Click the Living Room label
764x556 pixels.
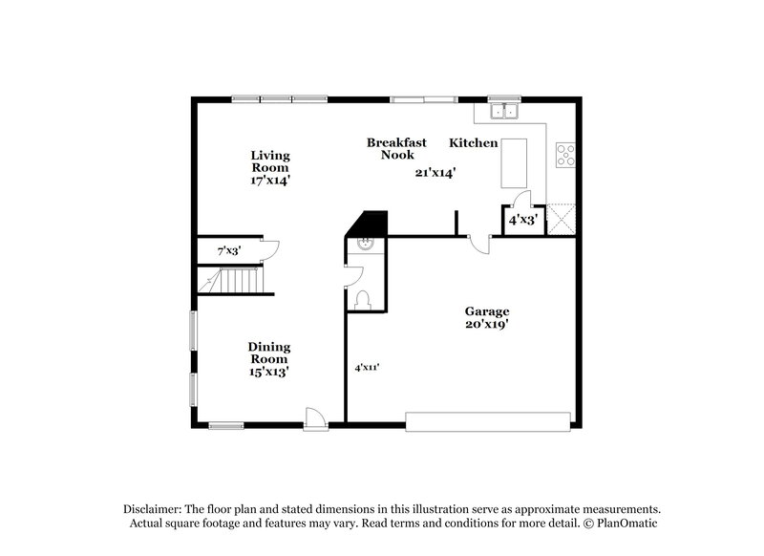tap(270, 166)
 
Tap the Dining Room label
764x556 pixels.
tap(269, 359)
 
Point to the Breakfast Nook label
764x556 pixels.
tap(391, 148)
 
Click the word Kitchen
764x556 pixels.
tap(474, 143)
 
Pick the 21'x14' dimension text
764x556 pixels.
tap(435, 173)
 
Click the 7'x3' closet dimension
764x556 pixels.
tap(227, 250)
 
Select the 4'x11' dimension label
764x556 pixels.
tap(366, 367)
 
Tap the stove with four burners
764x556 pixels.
tap(565, 154)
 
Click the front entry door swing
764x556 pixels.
tap(314, 417)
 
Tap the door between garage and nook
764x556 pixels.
tap(481, 243)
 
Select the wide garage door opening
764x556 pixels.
tap(488, 417)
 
